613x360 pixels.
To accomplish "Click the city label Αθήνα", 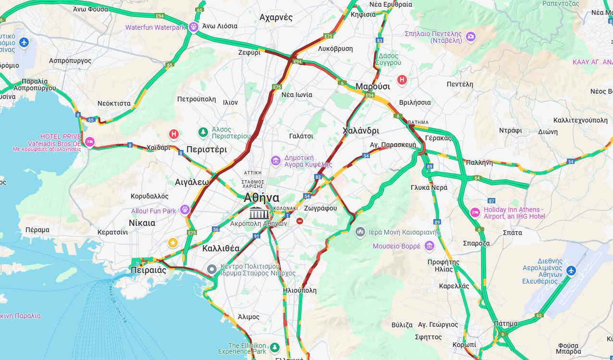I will coord(261,198).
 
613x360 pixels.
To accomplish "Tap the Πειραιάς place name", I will coord(148,270).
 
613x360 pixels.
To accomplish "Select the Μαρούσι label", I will coord(372,87).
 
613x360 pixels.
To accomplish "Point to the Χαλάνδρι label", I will coord(361,131).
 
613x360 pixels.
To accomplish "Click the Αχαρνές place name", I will coord(276,17).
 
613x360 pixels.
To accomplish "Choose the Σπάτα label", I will coord(512,233).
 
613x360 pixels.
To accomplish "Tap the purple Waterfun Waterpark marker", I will coord(194,27).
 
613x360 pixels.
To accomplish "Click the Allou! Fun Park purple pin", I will coord(185,210).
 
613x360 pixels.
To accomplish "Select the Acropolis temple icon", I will coord(259,213).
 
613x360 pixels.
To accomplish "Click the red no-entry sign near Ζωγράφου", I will coord(300,221).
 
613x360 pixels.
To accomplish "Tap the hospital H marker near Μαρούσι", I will coord(402,80).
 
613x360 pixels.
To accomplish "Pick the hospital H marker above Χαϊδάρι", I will coord(174,134).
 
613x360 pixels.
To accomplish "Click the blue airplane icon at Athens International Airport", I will coord(570,271).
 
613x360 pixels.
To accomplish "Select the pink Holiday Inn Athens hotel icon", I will coord(475,212).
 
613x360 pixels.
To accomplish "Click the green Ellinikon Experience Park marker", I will coord(274,347).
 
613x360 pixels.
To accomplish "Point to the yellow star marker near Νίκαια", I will coord(173,243).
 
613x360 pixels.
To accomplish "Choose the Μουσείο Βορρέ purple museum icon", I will coord(429,246).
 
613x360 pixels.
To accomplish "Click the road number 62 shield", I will coord(539,315).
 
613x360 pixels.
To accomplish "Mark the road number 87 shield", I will coord(491,200).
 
